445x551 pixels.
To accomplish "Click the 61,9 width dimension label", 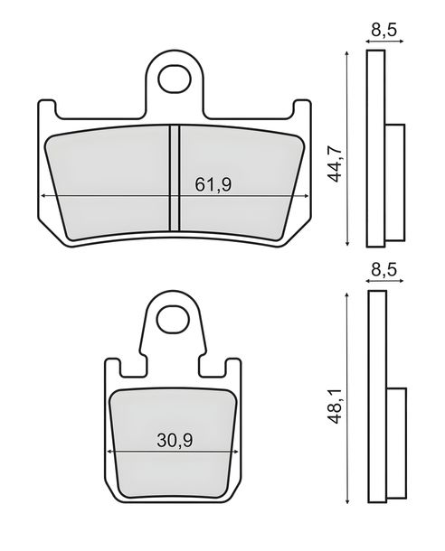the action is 213,184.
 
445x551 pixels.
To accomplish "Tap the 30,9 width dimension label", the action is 175,440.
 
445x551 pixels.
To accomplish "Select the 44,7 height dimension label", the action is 335,163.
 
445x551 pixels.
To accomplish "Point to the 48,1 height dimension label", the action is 335,405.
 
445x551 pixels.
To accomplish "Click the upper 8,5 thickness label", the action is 383,30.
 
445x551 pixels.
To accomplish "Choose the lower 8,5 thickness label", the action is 383,269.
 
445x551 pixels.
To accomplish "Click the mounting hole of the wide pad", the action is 174,79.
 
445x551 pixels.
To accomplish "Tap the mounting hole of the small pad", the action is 172,320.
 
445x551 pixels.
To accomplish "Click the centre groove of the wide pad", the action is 175,178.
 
